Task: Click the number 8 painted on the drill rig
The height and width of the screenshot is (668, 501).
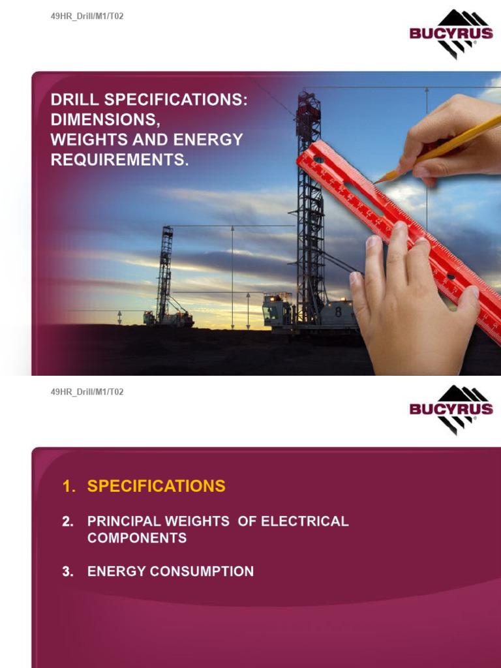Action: [338, 312]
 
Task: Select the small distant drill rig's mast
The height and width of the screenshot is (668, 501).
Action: [166, 271]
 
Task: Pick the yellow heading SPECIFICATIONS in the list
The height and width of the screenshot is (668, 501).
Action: [157, 486]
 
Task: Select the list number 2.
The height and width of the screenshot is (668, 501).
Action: [67, 522]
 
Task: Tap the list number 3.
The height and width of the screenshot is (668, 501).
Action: [67, 571]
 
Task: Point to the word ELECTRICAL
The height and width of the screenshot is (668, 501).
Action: [305, 522]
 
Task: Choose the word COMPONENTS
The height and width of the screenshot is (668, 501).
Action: [137, 538]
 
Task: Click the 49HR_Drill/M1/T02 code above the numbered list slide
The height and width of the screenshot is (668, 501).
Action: [87, 392]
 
